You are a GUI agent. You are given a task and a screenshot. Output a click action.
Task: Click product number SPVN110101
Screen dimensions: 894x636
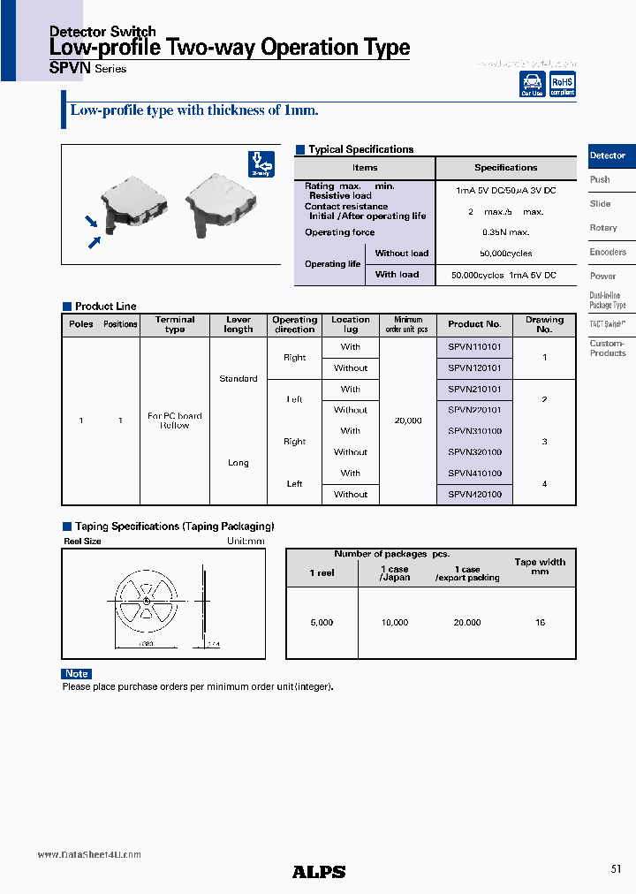point(474,347)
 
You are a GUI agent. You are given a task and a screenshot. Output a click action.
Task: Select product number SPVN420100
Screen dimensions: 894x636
point(474,495)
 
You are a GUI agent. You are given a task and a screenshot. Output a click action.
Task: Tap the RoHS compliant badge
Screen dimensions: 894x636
point(563,84)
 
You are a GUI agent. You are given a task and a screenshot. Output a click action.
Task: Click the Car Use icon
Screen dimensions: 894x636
point(532,84)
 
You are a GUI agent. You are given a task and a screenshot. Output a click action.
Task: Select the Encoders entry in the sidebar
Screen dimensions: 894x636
point(608,252)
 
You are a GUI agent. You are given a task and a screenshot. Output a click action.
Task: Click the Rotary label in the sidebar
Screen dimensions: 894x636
point(603,228)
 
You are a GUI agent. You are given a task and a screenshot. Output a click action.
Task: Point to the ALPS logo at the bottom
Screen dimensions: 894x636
point(319,872)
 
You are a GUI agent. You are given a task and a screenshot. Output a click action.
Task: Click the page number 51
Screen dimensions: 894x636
point(616,869)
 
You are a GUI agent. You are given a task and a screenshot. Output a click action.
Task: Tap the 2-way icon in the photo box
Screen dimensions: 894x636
point(261,164)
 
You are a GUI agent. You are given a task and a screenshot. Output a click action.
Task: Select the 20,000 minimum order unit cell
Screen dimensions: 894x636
point(408,420)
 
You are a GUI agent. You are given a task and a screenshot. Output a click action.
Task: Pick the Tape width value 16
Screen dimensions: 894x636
point(540,623)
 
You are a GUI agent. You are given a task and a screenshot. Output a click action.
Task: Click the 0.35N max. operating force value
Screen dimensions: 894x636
point(505,232)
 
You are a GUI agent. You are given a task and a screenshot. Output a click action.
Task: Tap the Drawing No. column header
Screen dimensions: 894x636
point(544,324)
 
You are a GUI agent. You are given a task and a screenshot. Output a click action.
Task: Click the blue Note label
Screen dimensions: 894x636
point(77,674)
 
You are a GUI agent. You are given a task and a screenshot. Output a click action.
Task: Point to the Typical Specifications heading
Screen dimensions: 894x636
point(360,149)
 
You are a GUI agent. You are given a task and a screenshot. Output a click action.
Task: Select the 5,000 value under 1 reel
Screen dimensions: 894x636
point(322,623)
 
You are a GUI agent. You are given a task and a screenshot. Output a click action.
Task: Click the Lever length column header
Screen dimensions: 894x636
point(238,324)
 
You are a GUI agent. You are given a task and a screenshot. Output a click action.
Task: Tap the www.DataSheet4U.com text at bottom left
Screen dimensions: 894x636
point(89,855)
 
